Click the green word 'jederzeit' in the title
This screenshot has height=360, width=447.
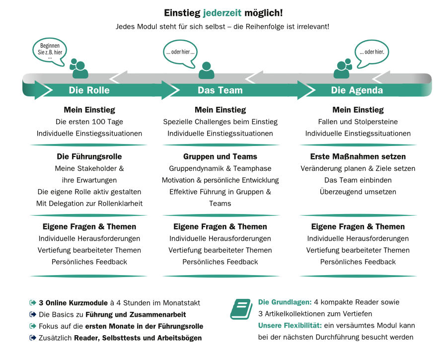coord(222,12)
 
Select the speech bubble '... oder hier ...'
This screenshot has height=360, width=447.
coord(180,52)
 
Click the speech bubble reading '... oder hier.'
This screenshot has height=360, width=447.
coord(371,52)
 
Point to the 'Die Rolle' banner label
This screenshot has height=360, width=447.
coord(89,90)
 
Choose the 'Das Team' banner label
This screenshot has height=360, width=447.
coord(220,90)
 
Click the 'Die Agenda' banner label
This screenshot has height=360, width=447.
coord(357,90)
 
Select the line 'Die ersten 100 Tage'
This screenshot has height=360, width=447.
coord(89,122)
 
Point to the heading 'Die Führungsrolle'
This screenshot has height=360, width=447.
coord(89,156)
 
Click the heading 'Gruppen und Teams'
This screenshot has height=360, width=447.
coord(220,156)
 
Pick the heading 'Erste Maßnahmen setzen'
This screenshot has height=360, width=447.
coord(358,156)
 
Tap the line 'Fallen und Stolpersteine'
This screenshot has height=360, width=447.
coord(358,122)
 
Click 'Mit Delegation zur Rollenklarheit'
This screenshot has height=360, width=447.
coord(89,203)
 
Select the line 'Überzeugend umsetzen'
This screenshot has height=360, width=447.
coord(358,192)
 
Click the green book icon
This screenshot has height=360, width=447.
coord(241,308)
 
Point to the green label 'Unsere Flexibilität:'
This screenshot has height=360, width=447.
coord(290,326)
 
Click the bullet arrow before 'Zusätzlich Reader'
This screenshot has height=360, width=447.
coord(33,338)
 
